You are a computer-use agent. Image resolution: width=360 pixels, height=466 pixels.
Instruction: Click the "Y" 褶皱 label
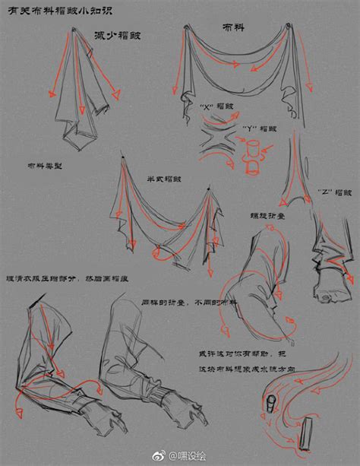(261, 128)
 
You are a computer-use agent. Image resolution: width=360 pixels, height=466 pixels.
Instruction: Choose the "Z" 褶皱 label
(331, 191)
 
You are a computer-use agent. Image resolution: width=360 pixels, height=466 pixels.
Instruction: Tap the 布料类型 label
(44, 164)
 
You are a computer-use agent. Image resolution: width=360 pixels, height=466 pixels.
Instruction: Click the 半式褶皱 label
(164, 179)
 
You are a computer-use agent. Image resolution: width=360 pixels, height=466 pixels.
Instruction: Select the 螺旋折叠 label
(267, 216)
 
